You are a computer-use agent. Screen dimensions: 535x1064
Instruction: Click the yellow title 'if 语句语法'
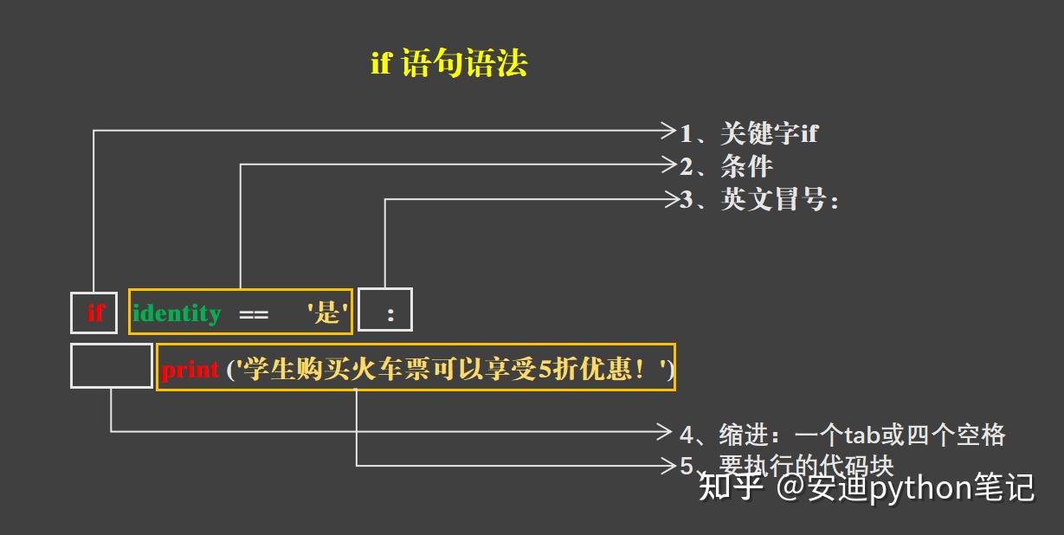(448, 64)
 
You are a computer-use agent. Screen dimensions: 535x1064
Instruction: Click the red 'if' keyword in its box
(94, 313)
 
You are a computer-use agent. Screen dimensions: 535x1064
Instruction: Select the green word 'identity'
(177, 313)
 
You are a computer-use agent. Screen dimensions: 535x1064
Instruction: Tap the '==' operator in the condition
(254, 314)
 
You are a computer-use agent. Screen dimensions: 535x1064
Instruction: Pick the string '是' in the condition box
(327, 313)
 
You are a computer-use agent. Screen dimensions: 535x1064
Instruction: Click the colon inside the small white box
(390, 315)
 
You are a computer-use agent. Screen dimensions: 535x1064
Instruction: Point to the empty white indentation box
(111, 366)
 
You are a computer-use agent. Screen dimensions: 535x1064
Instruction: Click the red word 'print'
(190, 371)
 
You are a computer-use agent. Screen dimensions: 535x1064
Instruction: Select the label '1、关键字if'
(749, 133)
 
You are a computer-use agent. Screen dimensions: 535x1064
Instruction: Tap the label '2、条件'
(725, 165)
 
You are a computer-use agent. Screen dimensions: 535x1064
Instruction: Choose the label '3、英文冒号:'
(759, 200)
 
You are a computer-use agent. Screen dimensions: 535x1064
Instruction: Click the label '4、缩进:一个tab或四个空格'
(842, 434)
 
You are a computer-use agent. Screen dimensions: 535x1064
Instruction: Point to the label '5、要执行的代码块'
(786, 465)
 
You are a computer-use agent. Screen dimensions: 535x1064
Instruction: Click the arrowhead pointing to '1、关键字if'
(668, 131)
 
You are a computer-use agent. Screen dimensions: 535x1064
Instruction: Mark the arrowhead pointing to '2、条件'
(668, 164)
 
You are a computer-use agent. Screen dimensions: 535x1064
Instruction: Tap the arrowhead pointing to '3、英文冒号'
(671, 199)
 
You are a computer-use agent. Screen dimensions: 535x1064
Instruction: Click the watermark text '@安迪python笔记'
(906, 487)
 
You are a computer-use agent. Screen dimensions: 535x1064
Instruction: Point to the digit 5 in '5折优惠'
(545, 371)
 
